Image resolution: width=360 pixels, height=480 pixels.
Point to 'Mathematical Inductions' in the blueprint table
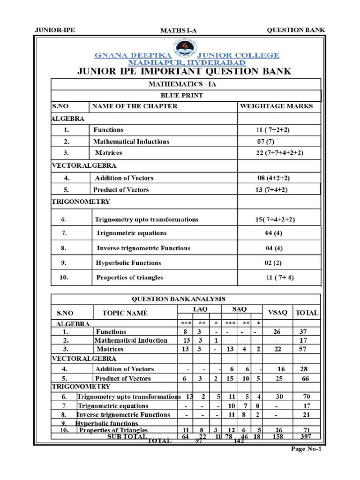pos(131,142)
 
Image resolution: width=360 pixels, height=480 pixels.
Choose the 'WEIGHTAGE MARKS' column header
pos(276,106)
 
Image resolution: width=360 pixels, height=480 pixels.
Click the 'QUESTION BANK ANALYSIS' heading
pos(178,299)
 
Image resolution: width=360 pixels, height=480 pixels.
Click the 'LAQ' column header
pos(200,309)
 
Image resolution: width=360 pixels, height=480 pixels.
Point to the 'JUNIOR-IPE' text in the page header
pos(55,30)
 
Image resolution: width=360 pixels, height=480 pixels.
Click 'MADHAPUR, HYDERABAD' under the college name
pos(187,62)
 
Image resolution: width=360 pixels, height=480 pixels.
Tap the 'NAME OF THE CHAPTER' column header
pos(135,106)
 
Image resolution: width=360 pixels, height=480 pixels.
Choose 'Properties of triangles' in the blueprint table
pos(129,277)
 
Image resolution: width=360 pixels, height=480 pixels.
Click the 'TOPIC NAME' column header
pos(125,313)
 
